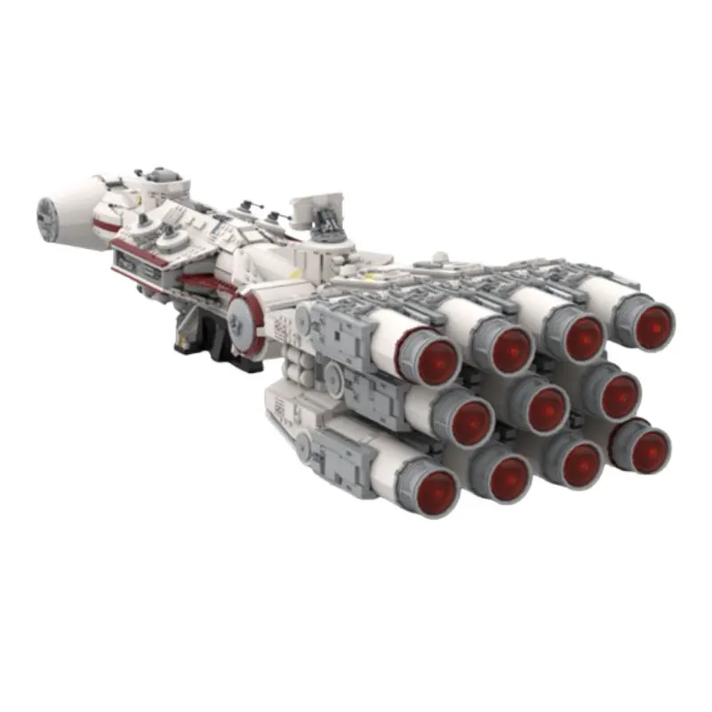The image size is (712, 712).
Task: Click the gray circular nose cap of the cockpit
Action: pyautogui.click(x=46, y=219)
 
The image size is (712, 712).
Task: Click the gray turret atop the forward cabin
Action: pyautogui.click(x=157, y=175)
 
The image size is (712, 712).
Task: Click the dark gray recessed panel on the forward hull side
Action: pyautogui.click(x=138, y=264)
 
